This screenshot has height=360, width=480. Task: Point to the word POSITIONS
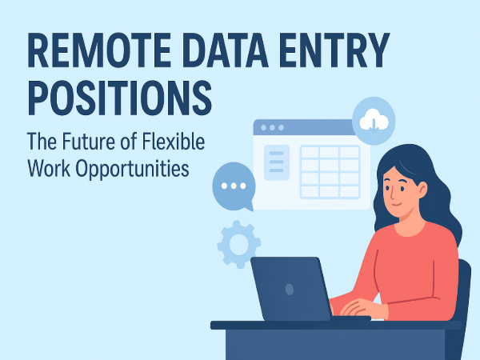click(x=121, y=98)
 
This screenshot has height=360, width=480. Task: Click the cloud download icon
click(x=373, y=122)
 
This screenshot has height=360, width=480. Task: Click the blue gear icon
click(x=239, y=245)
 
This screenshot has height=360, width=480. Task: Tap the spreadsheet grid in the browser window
click(x=329, y=171)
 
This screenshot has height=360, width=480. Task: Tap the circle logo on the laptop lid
click(x=289, y=289)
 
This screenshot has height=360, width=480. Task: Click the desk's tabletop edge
click(x=336, y=325)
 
